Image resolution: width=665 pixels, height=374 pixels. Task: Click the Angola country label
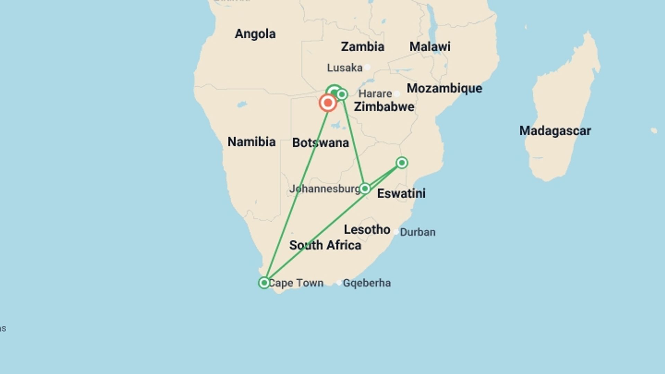pos(255,34)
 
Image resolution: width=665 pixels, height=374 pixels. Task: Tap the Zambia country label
pos(362,47)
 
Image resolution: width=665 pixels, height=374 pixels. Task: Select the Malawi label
pos(430,46)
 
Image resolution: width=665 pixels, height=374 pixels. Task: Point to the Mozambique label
pos(444,88)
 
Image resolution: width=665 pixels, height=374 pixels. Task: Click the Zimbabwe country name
pos(384,107)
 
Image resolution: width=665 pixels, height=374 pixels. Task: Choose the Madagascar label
pos(555,131)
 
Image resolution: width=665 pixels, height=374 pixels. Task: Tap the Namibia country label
pos(251,142)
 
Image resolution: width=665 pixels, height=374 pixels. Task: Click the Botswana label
pos(320,143)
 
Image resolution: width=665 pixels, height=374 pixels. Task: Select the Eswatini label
pos(401,193)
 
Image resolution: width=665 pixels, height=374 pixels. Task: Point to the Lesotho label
pos(367,229)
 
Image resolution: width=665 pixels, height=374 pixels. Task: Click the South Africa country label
pos(325,245)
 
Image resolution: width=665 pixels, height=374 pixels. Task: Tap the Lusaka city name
pos(345,68)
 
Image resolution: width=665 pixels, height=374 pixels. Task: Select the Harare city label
pos(375,93)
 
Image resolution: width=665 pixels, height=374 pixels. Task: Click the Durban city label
pos(418,232)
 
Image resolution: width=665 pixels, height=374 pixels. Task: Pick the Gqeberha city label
pos(367,283)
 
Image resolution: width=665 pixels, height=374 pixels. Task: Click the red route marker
pos(328,103)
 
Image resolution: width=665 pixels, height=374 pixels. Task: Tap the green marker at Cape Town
pos(264,283)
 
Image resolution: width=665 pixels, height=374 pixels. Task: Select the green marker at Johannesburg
pos(365,188)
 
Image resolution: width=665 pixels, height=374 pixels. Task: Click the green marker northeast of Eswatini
pos(402,162)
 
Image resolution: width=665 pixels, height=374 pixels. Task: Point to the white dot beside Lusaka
pos(367,67)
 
